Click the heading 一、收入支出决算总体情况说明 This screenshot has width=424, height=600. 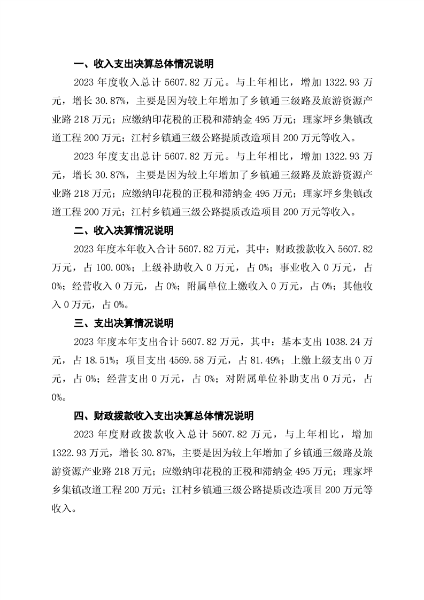click(x=143, y=64)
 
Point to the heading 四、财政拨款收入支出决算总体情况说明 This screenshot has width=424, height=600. click(x=163, y=416)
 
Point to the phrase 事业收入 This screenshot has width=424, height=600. click(x=291, y=267)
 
